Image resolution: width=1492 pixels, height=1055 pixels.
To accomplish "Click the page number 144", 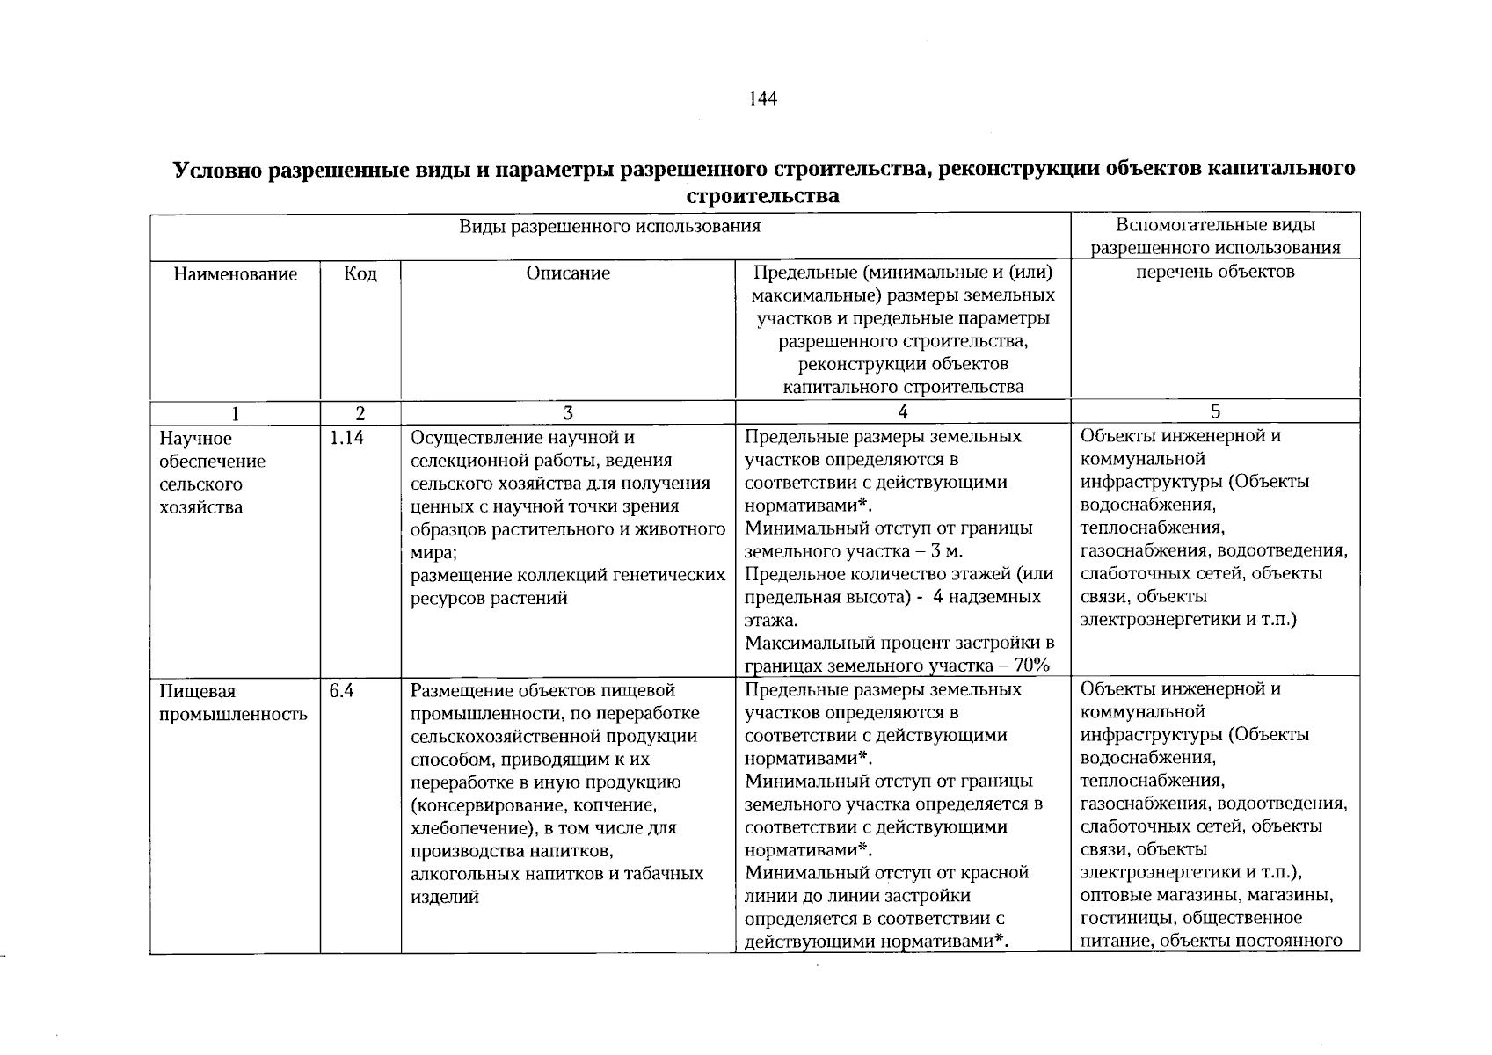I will pyautogui.click(x=763, y=99).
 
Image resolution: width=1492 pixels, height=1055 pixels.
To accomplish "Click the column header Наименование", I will pyautogui.click(x=235, y=274).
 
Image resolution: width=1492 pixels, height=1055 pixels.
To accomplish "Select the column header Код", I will pyautogui.click(x=360, y=274).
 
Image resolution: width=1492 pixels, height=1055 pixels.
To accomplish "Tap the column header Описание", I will pyautogui.click(x=568, y=273).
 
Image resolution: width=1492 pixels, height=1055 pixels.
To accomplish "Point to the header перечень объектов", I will pyautogui.click(x=1215, y=272).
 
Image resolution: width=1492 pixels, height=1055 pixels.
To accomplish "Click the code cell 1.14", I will pyautogui.click(x=346, y=438).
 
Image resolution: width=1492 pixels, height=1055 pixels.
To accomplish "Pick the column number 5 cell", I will pyautogui.click(x=1215, y=411).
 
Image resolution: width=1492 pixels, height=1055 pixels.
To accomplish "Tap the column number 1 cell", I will pyautogui.click(x=235, y=413).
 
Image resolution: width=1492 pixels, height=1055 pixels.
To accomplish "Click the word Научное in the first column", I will pyautogui.click(x=195, y=438).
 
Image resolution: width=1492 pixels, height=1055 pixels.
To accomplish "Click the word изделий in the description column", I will pyautogui.click(x=445, y=897).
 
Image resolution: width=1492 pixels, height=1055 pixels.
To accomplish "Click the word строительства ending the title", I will pyautogui.click(x=762, y=196).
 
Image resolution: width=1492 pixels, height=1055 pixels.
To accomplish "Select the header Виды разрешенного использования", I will pyautogui.click(x=609, y=227).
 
